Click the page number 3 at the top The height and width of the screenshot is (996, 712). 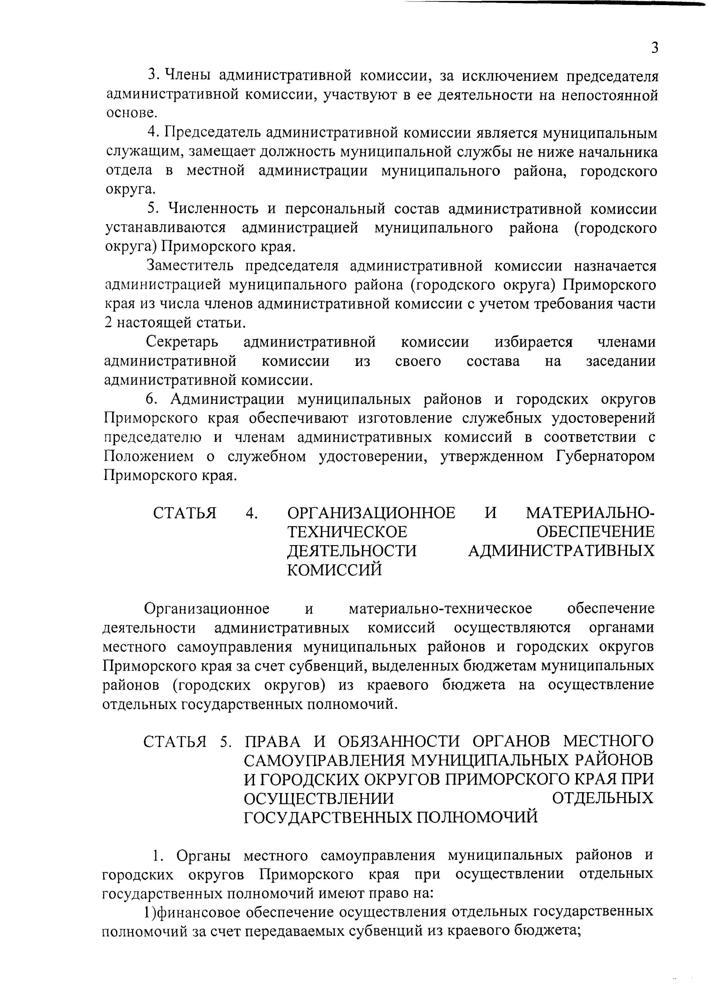tap(655, 47)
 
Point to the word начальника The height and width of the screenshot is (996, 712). tap(618, 152)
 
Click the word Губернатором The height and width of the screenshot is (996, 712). tap(606, 457)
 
